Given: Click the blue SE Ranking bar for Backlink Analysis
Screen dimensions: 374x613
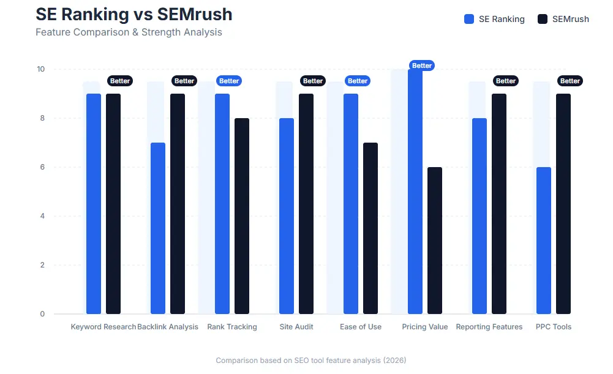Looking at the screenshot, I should [158, 228].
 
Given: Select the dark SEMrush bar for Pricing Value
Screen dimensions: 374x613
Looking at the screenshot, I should [435, 241].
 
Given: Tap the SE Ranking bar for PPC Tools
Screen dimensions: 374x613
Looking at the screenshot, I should [544, 241].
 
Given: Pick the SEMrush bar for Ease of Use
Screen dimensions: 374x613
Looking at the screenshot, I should [370, 228].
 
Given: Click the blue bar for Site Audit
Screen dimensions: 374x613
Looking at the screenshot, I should [287, 216].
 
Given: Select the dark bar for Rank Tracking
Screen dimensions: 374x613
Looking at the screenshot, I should [242, 216].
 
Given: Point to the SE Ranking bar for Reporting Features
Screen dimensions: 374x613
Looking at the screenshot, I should [479, 216].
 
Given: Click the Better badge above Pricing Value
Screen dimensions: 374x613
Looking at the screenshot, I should [422, 65].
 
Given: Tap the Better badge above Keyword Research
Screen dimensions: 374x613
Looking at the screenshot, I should [120, 81].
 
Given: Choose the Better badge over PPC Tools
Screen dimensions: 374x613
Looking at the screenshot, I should [570, 81].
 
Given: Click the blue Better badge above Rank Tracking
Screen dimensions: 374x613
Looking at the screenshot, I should [229, 81].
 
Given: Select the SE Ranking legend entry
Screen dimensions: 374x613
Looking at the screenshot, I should [495, 19].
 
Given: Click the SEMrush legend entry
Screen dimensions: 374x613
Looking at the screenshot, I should [563, 19].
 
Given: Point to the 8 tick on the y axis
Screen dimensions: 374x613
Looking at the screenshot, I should [42, 118].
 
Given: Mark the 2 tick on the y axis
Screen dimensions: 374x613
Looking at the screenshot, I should [42, 265].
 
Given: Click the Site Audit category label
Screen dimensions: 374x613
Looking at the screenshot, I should [296, 327].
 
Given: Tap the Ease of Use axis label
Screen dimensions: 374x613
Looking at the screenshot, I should [361, 327].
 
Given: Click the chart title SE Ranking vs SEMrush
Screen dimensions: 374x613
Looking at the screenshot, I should [134, 14].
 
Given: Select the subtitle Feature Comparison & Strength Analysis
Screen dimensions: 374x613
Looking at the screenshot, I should [129, 32].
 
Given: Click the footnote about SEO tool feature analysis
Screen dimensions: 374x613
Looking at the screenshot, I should [311, 361].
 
